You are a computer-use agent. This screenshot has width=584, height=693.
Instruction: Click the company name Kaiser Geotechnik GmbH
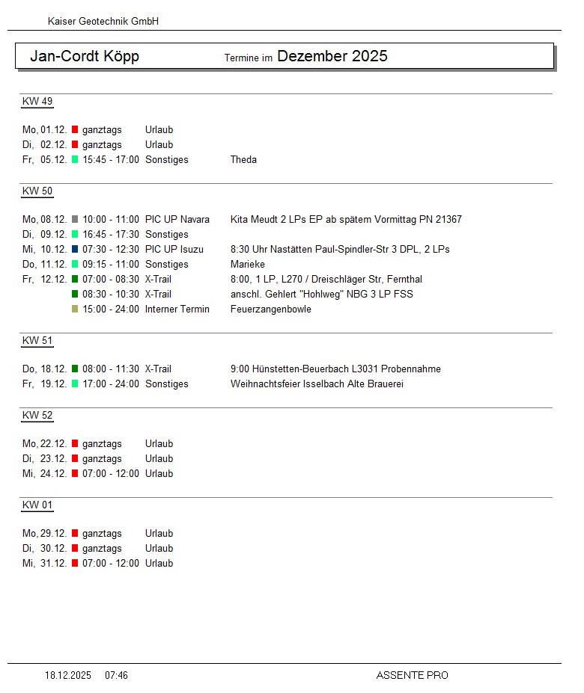[x=103, y=22]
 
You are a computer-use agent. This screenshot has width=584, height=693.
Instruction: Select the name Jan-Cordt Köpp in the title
[x=85, y=57]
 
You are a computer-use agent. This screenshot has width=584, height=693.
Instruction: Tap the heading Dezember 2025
[x=332, y=57]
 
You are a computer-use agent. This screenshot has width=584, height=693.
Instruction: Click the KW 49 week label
[x=37, y=102]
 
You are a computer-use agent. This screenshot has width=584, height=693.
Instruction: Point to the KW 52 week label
[x=37, y=416]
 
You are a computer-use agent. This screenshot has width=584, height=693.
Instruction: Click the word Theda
[x=243, y=160]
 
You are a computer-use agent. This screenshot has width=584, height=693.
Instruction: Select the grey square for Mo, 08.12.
[x=75, y=220]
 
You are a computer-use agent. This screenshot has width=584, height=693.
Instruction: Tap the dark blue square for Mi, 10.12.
[x=75, y=250]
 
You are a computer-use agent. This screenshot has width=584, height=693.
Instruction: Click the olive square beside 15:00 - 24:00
[x=75, y=309]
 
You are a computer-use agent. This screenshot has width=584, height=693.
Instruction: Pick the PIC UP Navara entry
[x=177, y=220]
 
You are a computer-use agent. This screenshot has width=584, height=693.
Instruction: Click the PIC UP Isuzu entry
[x=174, y=250]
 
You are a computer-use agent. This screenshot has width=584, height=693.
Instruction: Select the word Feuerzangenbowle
[x=271, y=309]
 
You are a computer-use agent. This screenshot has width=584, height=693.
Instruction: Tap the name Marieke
[x=248, y=265]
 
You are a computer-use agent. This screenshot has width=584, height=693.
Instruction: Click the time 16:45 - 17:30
[x=111, y=235]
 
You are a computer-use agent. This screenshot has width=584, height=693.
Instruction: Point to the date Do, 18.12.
[x=45, y=369]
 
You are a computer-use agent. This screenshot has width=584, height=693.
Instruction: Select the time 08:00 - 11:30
[x=111, y=369]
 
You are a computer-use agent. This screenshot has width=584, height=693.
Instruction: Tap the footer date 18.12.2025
[x=68, y=676]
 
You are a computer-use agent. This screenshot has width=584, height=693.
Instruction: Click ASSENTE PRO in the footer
[x=412, y=676]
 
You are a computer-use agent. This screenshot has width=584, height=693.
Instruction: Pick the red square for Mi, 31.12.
[x=75, y=564]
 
